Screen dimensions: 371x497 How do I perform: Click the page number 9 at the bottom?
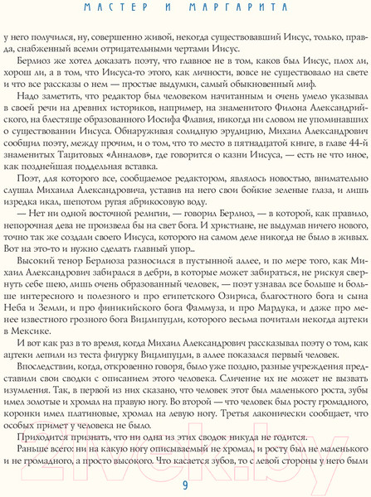(184, 483)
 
